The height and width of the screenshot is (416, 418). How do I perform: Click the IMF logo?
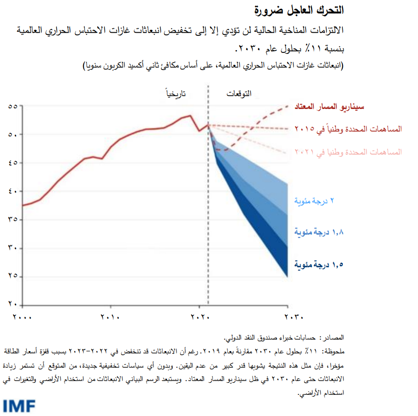[x=19, y=406]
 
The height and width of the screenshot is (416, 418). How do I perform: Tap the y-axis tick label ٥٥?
[x=13, y=106]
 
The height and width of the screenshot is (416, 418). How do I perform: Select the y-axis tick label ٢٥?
[x=13, y=277]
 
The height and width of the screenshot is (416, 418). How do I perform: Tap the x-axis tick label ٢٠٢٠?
[x=199, y=317]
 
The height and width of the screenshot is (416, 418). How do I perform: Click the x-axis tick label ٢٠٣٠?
[x=287, y=317]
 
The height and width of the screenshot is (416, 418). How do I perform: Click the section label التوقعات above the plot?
[x=239, y=94]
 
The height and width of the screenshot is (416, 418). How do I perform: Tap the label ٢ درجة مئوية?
[x=314, y=201]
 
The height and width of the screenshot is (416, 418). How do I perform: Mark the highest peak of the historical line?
[x=190, y=116]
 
